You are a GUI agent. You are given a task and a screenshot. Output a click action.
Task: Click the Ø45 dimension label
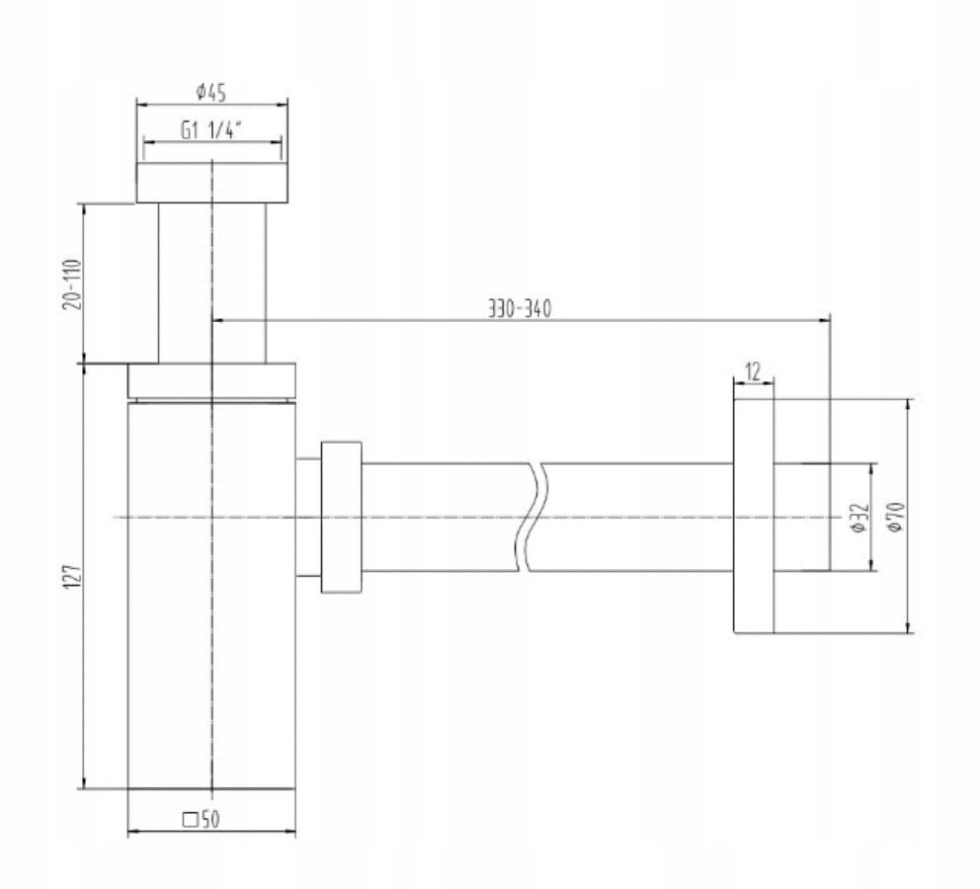tap(212, 92)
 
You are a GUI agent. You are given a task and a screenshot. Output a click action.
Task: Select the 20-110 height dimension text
tap(71, 283)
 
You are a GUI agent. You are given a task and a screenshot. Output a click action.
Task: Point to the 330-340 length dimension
tap(519, 307)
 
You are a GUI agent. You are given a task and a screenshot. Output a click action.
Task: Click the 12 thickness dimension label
tap(753, 372)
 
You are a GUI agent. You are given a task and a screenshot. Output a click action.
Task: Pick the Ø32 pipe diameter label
tap(858, 517)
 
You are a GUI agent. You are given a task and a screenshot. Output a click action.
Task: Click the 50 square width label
tap(208, 819)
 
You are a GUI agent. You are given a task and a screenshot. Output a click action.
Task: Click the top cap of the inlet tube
tap(212, 184)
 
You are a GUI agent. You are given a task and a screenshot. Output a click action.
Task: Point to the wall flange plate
tap(752, 516)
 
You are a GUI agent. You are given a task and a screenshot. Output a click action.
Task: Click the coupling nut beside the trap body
tap(341, 517)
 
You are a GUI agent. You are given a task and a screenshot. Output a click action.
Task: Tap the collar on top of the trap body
tap(211, 380)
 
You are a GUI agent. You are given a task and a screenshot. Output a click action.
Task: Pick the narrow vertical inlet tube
tap(211, 282)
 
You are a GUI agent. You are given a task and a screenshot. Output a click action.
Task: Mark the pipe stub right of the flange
tap(801, 517)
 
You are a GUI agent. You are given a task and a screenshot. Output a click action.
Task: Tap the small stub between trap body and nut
tap(307, 517)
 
